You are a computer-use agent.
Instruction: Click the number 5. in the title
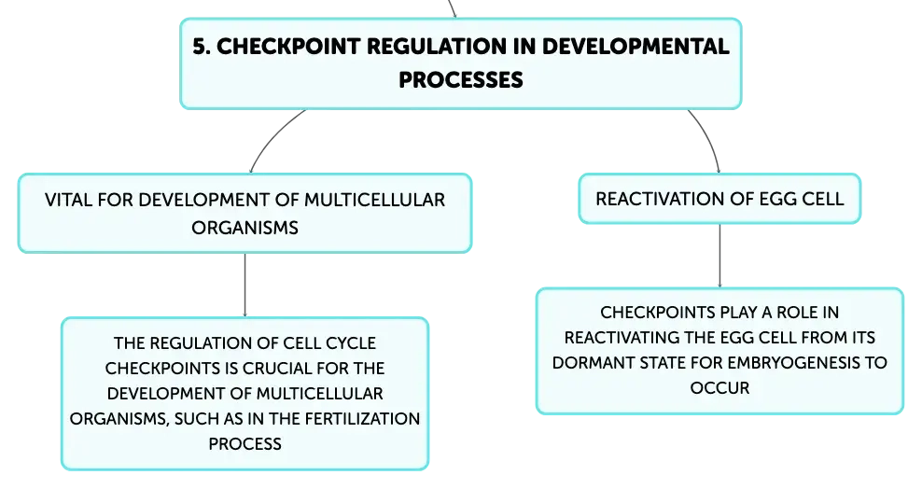point(201,47)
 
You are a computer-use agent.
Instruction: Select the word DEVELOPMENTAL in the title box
point(636,47)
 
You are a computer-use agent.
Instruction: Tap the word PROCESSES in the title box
point(460,80)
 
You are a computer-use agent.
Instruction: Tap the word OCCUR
point(719,388)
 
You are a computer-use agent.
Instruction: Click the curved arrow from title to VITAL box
point(272,135)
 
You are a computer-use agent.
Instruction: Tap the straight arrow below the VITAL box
point(244,285)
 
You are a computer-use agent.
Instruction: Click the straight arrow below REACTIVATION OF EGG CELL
point(719,256)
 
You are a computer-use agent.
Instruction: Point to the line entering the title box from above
point(452,8)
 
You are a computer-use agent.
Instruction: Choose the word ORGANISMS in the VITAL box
point(245,228)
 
